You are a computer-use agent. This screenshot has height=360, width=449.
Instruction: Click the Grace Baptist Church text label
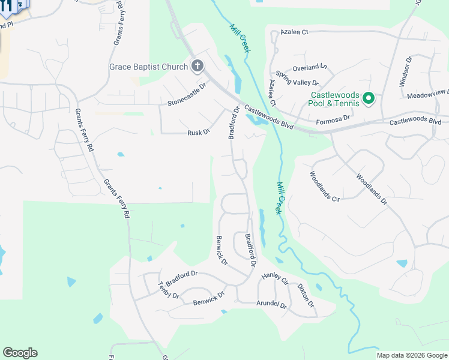click(148, 67)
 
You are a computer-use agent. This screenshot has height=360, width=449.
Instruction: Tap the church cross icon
click(197, 66)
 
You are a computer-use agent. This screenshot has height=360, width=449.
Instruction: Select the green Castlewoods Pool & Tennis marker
click(369, 98)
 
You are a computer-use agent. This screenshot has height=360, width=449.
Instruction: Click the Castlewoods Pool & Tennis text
click(335, 99)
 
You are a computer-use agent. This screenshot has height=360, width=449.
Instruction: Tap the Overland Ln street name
click(310, 67)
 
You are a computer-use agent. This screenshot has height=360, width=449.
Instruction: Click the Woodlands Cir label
click(325, 186)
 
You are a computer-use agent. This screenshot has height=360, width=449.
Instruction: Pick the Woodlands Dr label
click(372, 189)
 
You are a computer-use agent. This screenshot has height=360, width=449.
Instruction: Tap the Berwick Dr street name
click(221, 250)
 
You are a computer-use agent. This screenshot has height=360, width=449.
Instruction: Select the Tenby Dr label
click(168, 290)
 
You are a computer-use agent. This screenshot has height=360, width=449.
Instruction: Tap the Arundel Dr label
click(272, 304)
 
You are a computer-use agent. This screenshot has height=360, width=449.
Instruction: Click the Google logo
click(20, 353)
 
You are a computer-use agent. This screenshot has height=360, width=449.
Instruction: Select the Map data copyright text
click(412, 355)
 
